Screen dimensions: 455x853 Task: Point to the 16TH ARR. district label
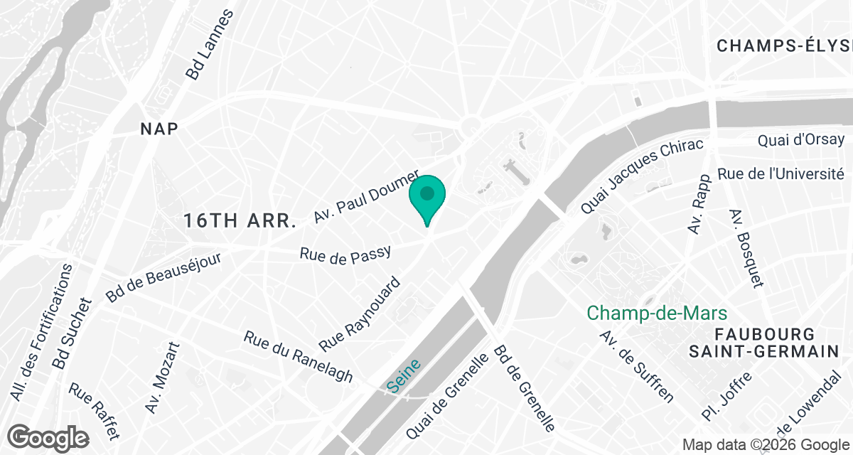(240, 220)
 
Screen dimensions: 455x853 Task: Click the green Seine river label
(404, 375)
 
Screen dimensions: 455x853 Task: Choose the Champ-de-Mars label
(657, 313)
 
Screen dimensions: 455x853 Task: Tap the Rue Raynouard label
(360, 314)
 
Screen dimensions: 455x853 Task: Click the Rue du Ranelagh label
(298, 356)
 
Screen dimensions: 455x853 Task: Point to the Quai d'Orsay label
(801, 140)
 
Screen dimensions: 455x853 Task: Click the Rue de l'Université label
(780, 173)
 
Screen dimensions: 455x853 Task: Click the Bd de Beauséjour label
(163, 277)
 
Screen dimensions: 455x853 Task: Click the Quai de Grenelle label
(447, 395)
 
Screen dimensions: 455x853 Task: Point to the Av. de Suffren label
(636, 366)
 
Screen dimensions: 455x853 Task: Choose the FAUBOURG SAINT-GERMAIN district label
(764, 343)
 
